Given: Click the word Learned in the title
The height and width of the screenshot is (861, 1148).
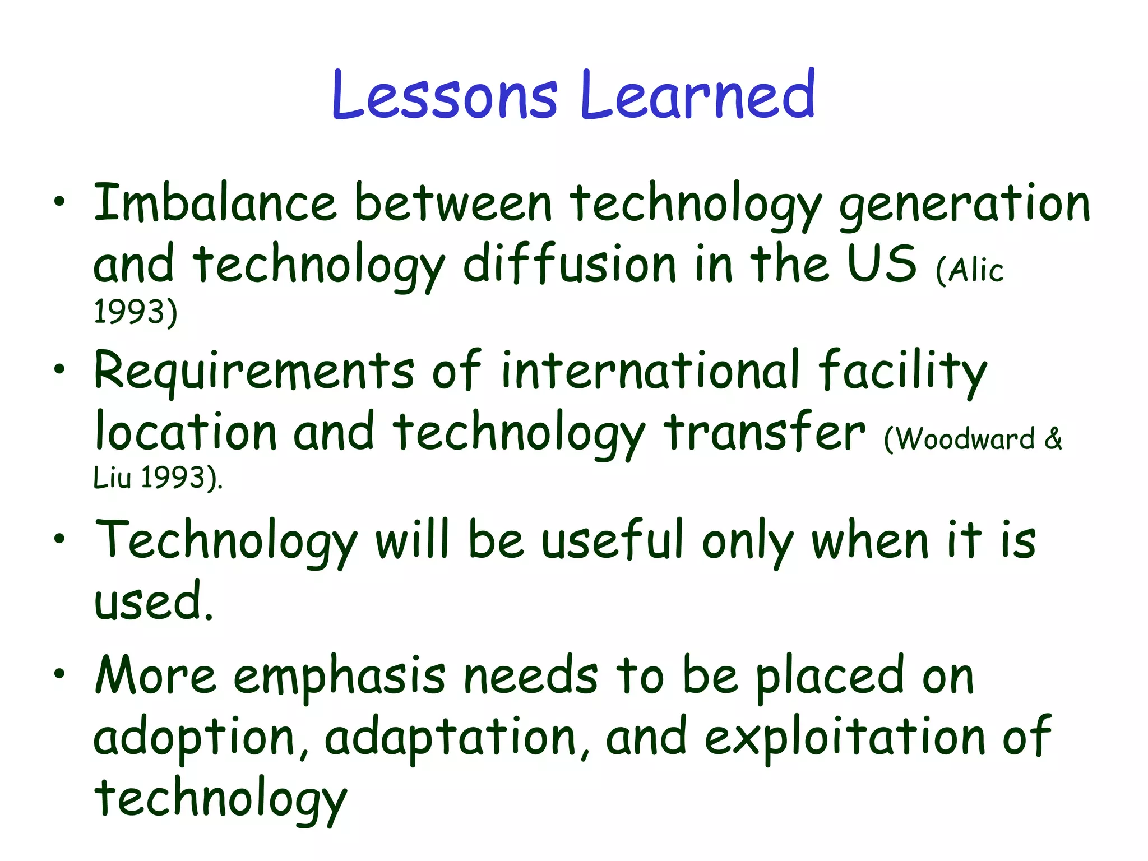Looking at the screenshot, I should click(x=697, y=95).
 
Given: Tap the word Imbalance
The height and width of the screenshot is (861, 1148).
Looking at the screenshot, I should click(x=215, y=203).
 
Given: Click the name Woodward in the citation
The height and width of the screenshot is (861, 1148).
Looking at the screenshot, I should click(x=965, y=439).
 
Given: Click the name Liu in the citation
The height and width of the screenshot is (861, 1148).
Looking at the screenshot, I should click(x=112, y=478).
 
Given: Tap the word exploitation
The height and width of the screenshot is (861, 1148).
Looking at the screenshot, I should click(x=845, y=738).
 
